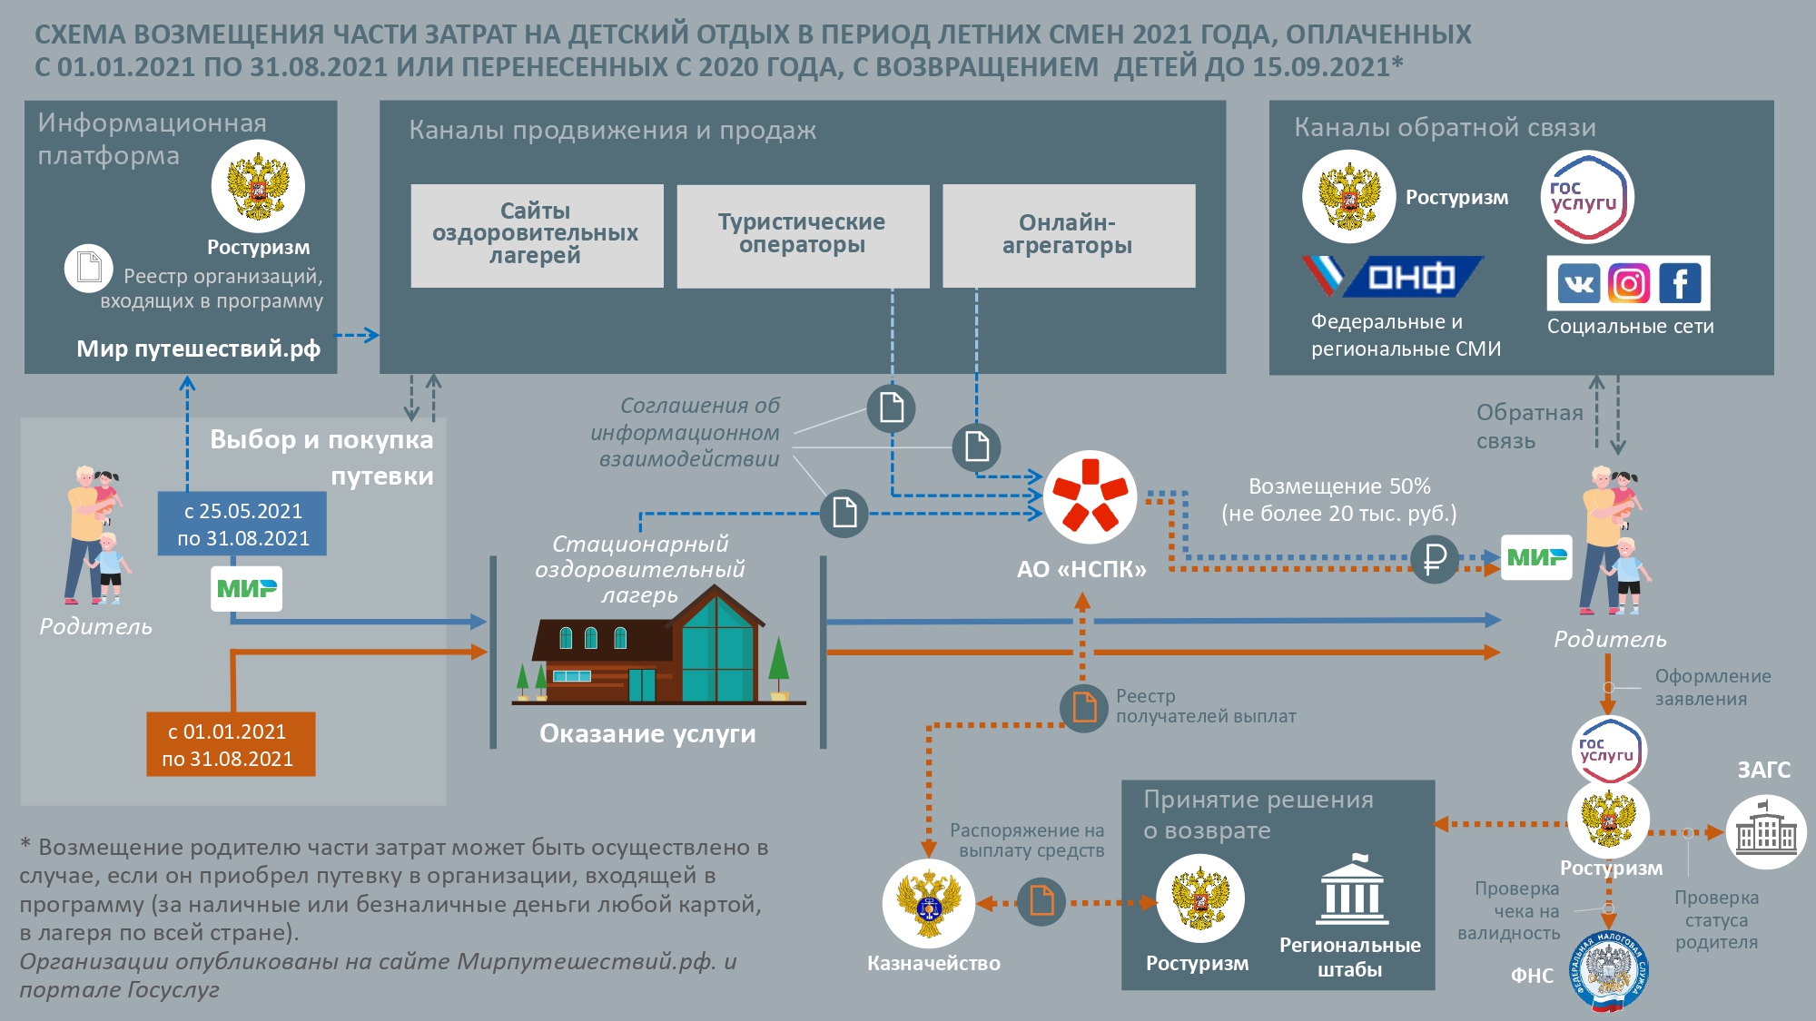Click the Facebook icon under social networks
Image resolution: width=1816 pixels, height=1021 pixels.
pos(1681,284)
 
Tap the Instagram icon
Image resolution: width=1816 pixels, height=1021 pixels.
pos(1629,284)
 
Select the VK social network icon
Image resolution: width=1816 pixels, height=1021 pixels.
pos(1579,284)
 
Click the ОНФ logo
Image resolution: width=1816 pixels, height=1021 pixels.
pos(1394,277)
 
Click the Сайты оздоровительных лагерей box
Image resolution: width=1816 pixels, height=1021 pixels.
pos(536,235)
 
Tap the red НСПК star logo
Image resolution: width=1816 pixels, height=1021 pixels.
pos(1090,496)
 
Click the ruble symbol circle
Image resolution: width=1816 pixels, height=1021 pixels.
pos(1435,559)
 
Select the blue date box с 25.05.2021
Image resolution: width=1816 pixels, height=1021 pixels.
pos(242,525)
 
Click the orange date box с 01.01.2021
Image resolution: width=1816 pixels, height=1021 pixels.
pos(231,745)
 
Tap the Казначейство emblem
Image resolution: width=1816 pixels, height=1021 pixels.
pos(928,904)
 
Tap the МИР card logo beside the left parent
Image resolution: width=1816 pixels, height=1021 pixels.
pos(247,588)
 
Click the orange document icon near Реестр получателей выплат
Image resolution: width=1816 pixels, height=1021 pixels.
pos(1084,707)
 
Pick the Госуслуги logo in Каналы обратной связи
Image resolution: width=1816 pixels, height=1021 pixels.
pos(1586,197)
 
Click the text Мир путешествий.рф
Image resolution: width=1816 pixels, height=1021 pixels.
pos(198,349)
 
